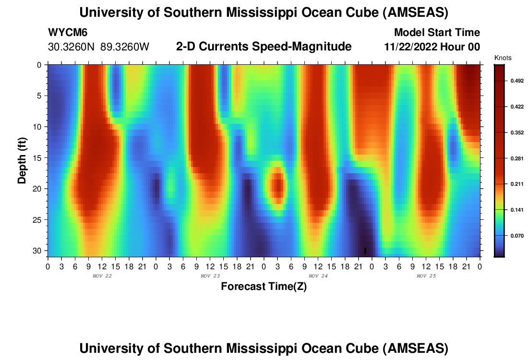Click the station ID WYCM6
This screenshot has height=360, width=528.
[68, 33]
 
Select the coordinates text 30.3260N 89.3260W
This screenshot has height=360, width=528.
[99, 47]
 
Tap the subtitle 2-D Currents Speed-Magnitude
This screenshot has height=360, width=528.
[264, 47]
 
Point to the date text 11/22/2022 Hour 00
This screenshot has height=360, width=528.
[432, 47]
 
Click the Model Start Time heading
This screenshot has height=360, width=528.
[437, 33]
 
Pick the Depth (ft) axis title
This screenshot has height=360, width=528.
[22, 159]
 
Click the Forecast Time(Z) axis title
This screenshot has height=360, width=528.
[264, 287]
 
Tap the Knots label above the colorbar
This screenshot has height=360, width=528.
[503, 58]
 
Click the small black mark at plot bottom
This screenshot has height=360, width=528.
[365, 251]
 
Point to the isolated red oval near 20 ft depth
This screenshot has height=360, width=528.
[277, 185]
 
